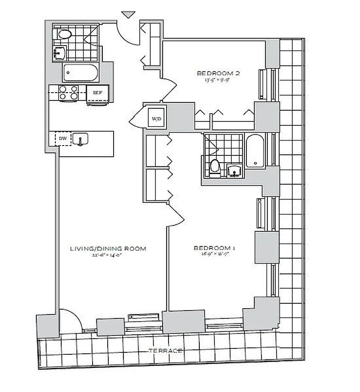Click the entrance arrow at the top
(127, 14)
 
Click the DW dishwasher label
(63, 139)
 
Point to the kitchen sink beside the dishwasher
(80, 139)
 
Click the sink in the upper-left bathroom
(60, 52)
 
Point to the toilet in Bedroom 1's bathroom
(215, 168)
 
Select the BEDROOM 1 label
(215, 248)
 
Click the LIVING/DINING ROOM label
(108, 248)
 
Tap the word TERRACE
(167, 351)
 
